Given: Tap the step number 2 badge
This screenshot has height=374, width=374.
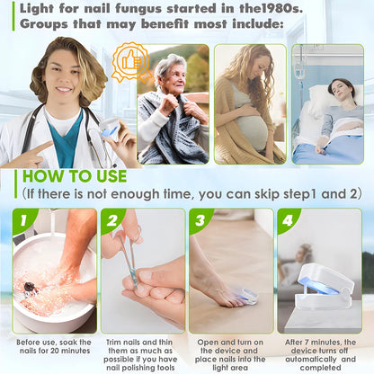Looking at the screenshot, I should tap(111, 219).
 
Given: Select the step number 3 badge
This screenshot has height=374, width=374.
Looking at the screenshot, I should tap(200, 219).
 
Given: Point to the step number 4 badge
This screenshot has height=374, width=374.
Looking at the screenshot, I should tap(288, 219).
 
